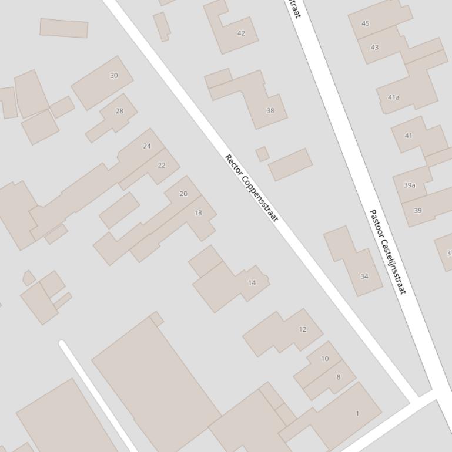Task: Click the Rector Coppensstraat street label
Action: tap(251, 188)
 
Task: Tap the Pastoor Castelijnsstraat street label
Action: tap(388, 251)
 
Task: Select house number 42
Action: tap(241, 33)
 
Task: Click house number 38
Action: tap(270, 110)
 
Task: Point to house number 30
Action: tap(114, 75)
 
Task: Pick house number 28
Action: tap(120, 111)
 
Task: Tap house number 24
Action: tap(147, 146)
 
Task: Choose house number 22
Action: tap(162, 166)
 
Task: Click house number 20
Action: tap(183, 194)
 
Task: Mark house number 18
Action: tap(198, 213)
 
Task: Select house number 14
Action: tap(252, 283)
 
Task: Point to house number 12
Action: tap(303, 329)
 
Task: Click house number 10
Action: tap(325, 359)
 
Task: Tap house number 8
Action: tap(338, 377)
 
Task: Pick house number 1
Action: tap(357, 414)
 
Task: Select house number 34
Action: tap(364, 276)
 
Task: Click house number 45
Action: tap(366, 24)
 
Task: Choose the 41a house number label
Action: tap(394, 97)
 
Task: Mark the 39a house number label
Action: tap(410, 185)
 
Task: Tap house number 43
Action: tap(375, 48)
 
